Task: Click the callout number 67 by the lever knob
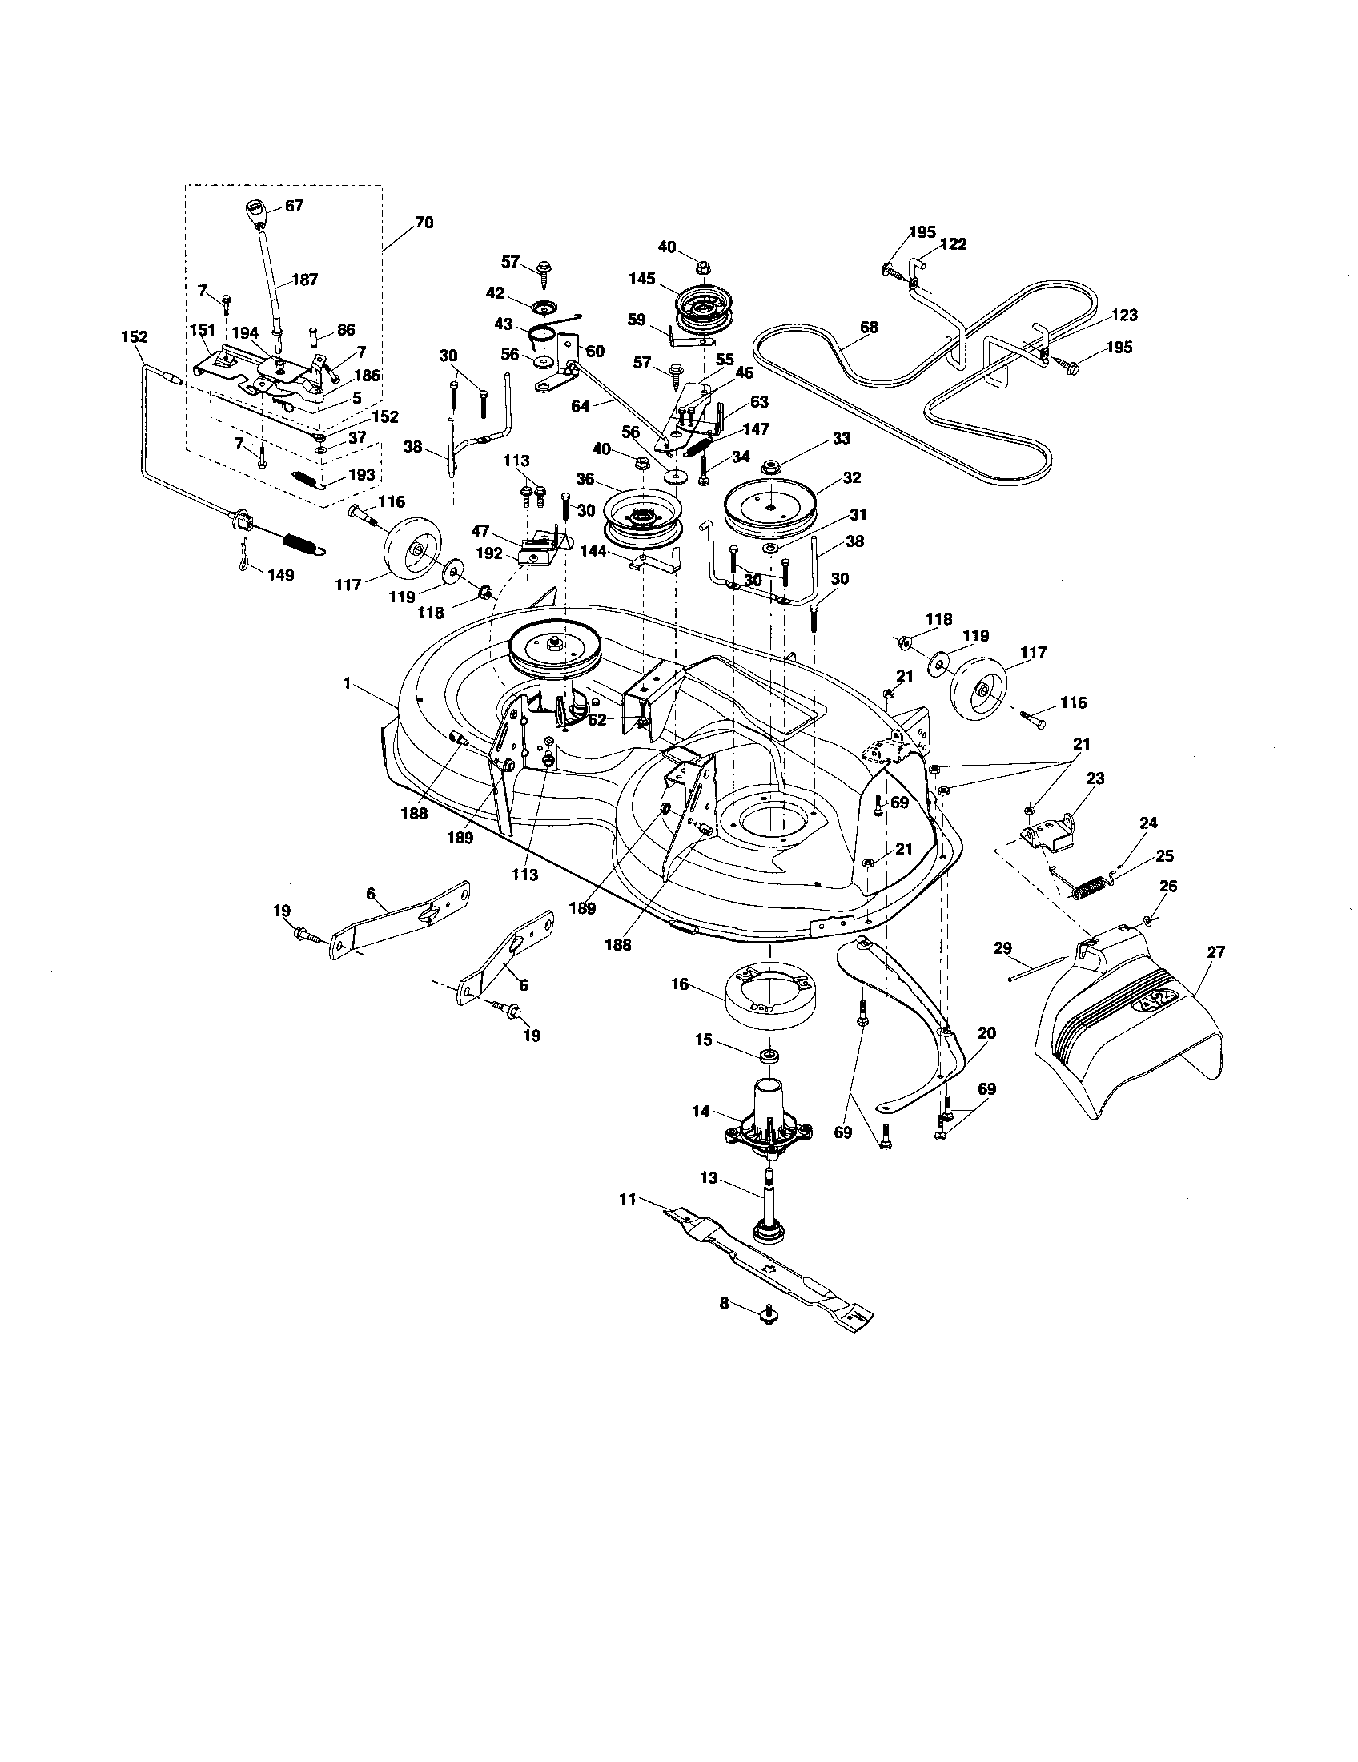[x=295, y=206]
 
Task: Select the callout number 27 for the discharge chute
[x=1215, y=953]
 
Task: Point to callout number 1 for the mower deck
[x=347, y=683]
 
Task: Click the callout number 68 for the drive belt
[x=870, y=327]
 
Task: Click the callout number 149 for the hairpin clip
[x=281, y=575]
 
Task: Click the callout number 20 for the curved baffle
[x=987, y=1032]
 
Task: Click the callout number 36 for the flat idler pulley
[x=585, y=478]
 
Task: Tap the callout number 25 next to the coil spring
[x=1165, y=856]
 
